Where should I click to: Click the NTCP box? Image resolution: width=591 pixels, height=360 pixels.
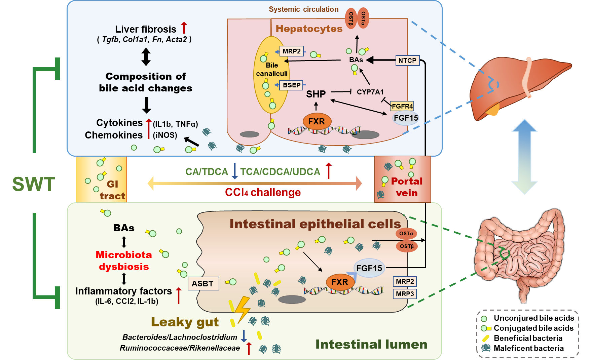click(x=407, y=61)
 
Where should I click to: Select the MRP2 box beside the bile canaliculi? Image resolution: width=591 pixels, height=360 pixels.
click(x=291, y=51)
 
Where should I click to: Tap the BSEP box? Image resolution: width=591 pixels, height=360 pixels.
click(x=291, y=85)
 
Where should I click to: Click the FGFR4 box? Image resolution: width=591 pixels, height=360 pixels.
click(x=402, y=106)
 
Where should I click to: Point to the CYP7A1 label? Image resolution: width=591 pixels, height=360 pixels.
click(x=370, y=92)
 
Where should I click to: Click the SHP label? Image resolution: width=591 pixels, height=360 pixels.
click(x=316, y=94)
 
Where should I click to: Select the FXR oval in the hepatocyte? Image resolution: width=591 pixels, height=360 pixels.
click(x=317, y=121)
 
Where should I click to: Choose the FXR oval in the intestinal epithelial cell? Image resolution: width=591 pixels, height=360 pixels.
click(x=340, y=282)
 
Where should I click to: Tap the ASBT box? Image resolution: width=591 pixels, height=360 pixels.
click(x=202, y=284)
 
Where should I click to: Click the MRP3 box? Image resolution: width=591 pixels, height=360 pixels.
click(x=405, y=294)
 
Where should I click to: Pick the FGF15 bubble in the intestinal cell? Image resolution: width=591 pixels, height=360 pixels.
click(x=369, y=268)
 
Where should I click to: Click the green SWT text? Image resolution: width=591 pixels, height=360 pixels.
click(x=34, y=184)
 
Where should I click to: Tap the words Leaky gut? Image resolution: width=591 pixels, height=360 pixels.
click(x=185, y=322)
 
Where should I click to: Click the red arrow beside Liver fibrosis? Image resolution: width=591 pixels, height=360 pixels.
click(x=184, y=28)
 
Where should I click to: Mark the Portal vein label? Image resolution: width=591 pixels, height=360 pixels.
click(x=406, y=187)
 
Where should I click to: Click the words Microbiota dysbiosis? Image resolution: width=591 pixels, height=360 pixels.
click(x=124, y=261)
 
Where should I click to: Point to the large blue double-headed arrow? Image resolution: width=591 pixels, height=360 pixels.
click(x=524, y=157)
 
